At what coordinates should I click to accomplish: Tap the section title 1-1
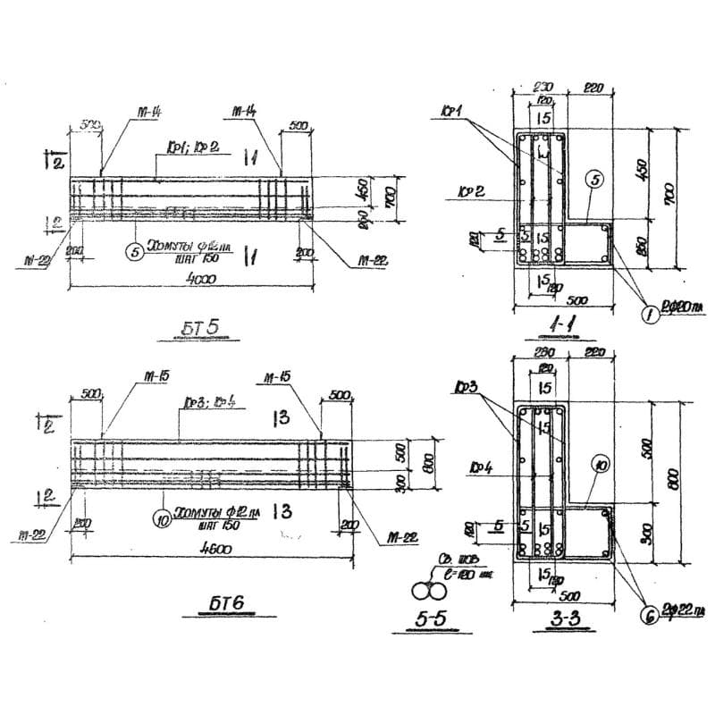click(x=542, y=330)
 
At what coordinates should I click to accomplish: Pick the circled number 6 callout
click(x=646, y=613)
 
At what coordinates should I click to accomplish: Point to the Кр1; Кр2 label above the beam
click(x=184, y=145)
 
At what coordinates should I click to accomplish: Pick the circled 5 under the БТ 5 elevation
click(x=135, y=253)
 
